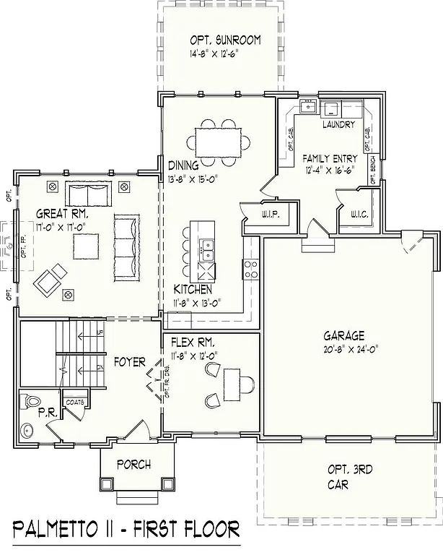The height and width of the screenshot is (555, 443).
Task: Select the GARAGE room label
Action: coord(343,335)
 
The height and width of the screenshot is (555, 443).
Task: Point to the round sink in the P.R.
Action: coord(28,431)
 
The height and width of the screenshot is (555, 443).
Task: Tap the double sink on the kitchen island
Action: coord(207,250)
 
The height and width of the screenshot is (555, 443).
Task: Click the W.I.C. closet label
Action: coord(359,214)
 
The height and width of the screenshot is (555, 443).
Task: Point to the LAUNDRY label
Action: coord(338,125)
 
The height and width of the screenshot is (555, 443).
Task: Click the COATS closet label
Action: coord(76,402)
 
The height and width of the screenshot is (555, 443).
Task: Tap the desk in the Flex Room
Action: coord(233,381)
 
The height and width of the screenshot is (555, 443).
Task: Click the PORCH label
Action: coord(133,465)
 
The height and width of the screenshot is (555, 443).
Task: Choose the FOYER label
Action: coord(129,361)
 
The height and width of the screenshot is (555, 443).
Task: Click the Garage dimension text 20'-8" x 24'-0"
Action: coord(343,350)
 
